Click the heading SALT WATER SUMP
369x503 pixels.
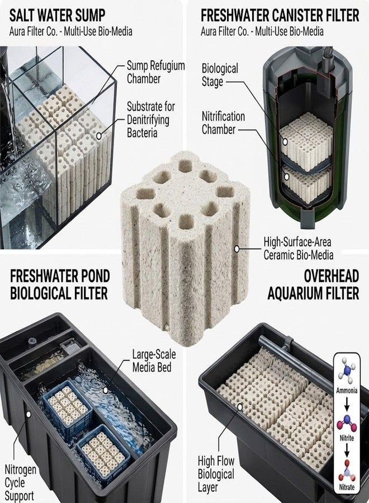pos(58,15)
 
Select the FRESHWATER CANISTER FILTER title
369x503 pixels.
pos(280,16)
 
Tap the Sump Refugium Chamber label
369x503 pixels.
pos(155,72)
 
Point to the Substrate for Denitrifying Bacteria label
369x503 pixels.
pos(151,120)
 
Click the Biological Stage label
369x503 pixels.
pos(220,75)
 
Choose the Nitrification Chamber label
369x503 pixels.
pos(223,123)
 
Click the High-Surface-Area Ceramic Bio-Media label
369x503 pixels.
pos(299,248)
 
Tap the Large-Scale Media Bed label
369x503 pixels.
pos(154,360)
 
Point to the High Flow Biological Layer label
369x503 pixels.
pos(216,474)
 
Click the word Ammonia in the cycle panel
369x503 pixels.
pos(347,391)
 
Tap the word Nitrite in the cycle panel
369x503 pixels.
pos(347,438)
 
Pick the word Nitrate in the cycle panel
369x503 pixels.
pos(347,487)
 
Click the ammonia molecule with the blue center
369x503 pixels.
pos(347,371)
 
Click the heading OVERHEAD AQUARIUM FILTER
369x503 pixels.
pos(313,284)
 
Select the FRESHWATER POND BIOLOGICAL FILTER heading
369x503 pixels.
pos(60,284)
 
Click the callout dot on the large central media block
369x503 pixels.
pos(237,249)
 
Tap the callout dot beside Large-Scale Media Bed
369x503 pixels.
pos(105,390)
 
